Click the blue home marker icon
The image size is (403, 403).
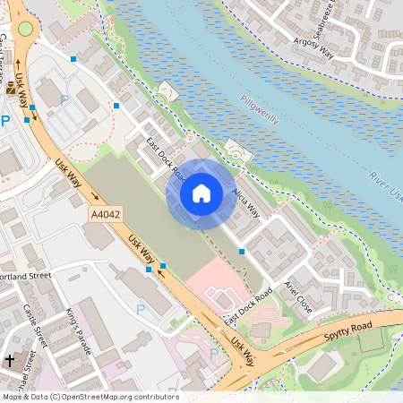pos(201,193)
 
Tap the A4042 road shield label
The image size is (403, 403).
pos(106,215)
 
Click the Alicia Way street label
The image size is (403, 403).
pos(244,201)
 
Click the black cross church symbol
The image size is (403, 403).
pos(10,360)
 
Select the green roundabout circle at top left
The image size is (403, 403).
pos(24,29)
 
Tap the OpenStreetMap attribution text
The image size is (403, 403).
pos(90,397)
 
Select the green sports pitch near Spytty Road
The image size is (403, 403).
pos(369,339)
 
